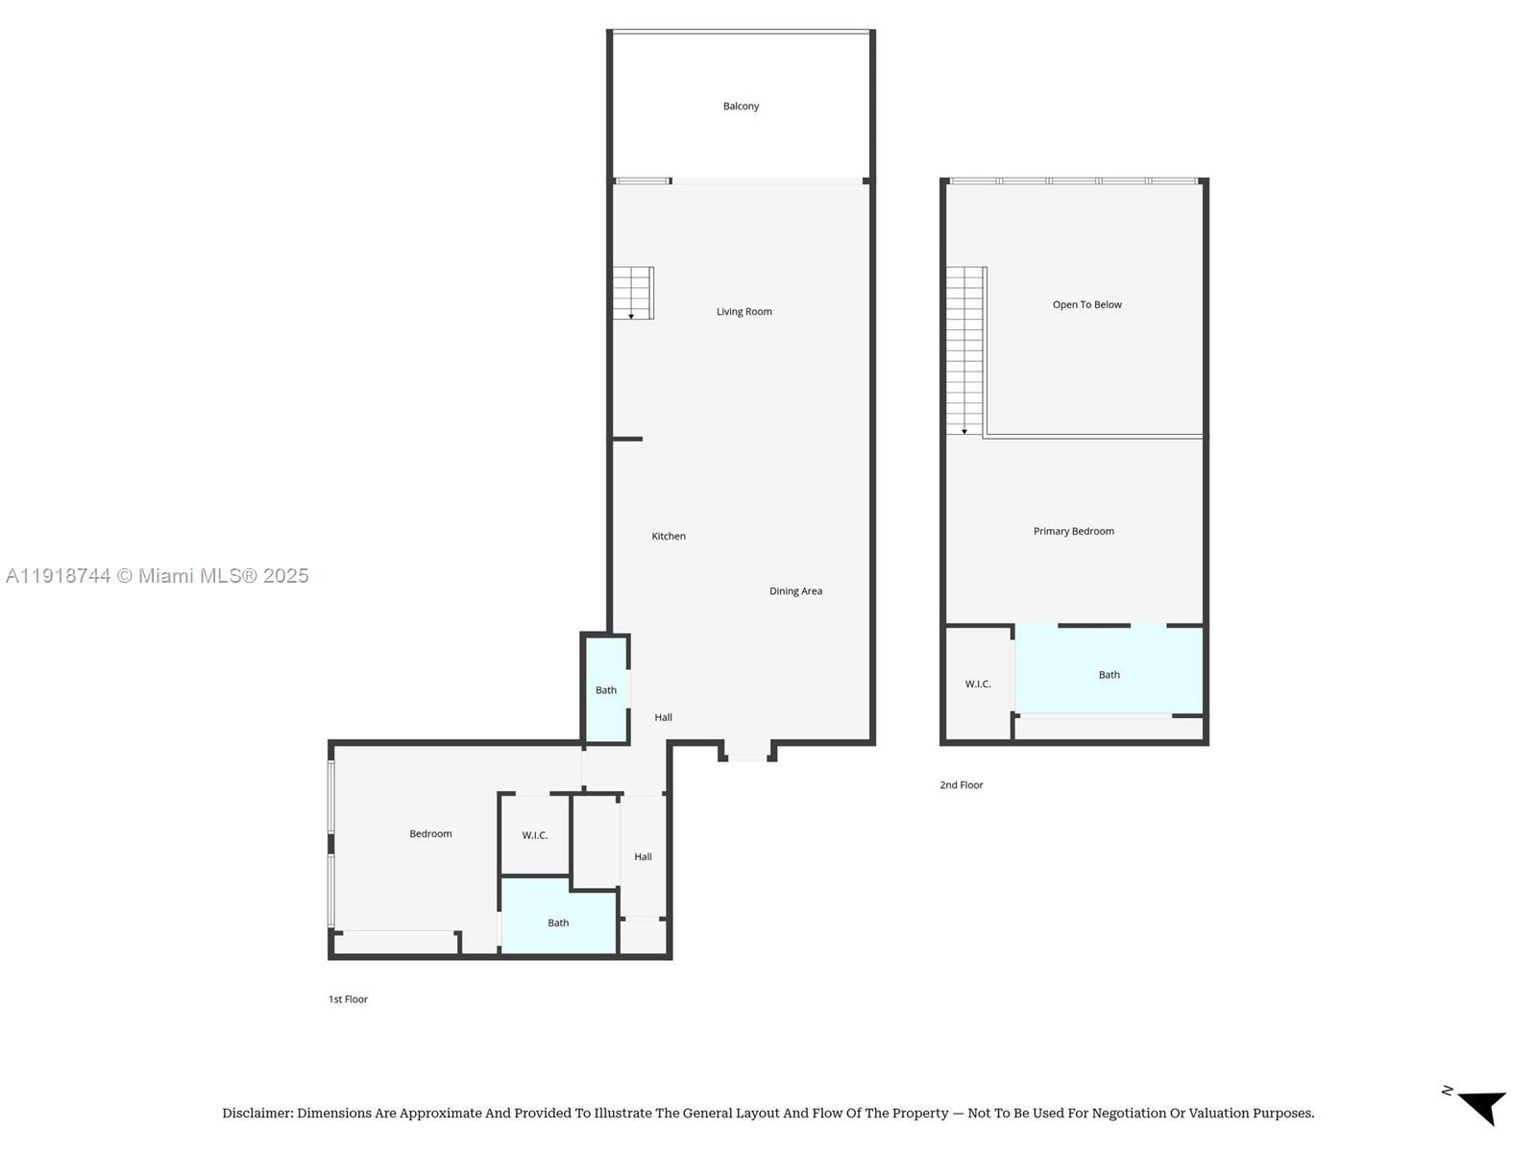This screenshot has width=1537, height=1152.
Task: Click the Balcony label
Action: [x=740, y=107]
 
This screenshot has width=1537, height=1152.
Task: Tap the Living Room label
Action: [x=744, y=312]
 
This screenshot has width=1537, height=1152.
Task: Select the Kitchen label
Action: [x=668, y=537]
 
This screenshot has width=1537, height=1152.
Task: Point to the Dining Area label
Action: [x=795, y=591]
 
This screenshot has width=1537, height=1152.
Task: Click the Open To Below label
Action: [x=1086, y=305]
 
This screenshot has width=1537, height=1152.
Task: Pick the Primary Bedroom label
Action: [x=1073, y=532]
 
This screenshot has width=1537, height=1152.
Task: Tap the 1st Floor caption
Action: [x=348, y=999]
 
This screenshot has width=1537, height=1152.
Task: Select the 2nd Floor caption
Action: [x=961, y=785]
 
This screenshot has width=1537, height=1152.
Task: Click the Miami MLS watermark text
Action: [x=157, y=576]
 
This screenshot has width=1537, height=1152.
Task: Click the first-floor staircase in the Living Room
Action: [x=633, y=293]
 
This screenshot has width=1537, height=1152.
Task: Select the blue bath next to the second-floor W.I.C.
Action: [x=1109, y=670]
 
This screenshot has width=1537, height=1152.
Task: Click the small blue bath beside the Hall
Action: [x=606, y=689]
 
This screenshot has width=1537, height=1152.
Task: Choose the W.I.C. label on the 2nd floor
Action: [x=978, y=684]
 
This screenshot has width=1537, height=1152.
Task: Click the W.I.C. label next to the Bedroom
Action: [x=534, y=836]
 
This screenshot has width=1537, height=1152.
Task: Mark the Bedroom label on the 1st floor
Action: [x=430, y=833]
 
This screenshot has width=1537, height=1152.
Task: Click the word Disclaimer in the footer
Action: [x=257, y=1113]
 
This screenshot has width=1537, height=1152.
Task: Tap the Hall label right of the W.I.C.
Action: [x=643, y=857]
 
